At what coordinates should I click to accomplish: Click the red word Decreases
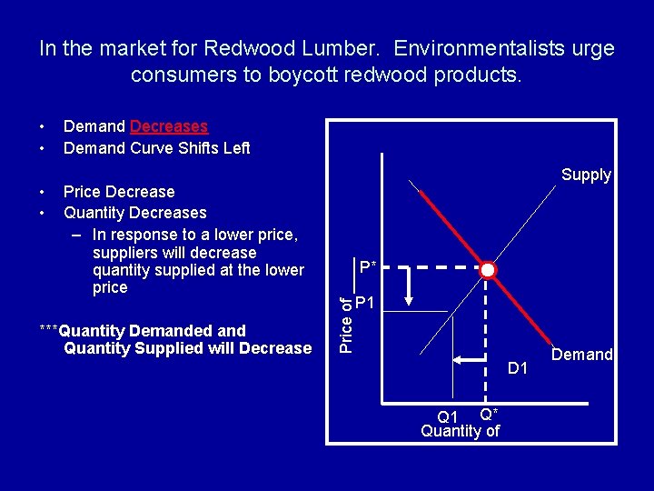click(169, 126)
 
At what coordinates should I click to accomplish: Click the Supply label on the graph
click(586, 175)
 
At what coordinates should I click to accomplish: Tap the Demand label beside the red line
click(581, 355)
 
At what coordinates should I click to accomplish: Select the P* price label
click(368, 267)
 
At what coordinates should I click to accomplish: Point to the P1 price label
click(367, 303)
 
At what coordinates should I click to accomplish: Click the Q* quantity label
click(488, 414)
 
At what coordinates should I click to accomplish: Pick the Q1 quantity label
click(448, 417)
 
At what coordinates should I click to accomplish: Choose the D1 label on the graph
click(518, 368)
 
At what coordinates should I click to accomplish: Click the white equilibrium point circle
click(488, 270)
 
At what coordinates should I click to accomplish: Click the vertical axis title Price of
click(346, 319)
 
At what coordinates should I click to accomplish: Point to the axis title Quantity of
click(461, 431)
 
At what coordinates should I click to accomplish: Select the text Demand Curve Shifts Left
click(156, 147)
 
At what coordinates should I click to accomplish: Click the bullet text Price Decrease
click(119, 192)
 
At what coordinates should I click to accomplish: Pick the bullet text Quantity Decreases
click(135, 213)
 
